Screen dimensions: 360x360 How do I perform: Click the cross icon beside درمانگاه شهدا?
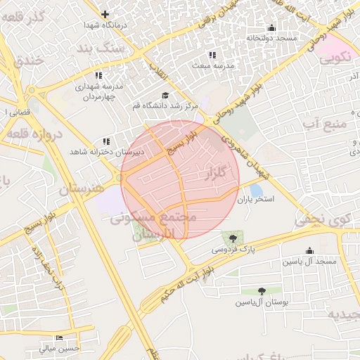pos(105,14)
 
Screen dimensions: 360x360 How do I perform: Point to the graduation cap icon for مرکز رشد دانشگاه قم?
pos(165,95)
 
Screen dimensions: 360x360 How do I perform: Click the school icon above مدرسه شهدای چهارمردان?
pos(98,75)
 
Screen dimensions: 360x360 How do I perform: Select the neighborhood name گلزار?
pos(220,173)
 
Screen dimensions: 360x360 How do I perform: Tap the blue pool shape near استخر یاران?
pos(256,190)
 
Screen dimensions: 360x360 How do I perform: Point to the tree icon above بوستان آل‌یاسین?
pos(262,290)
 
